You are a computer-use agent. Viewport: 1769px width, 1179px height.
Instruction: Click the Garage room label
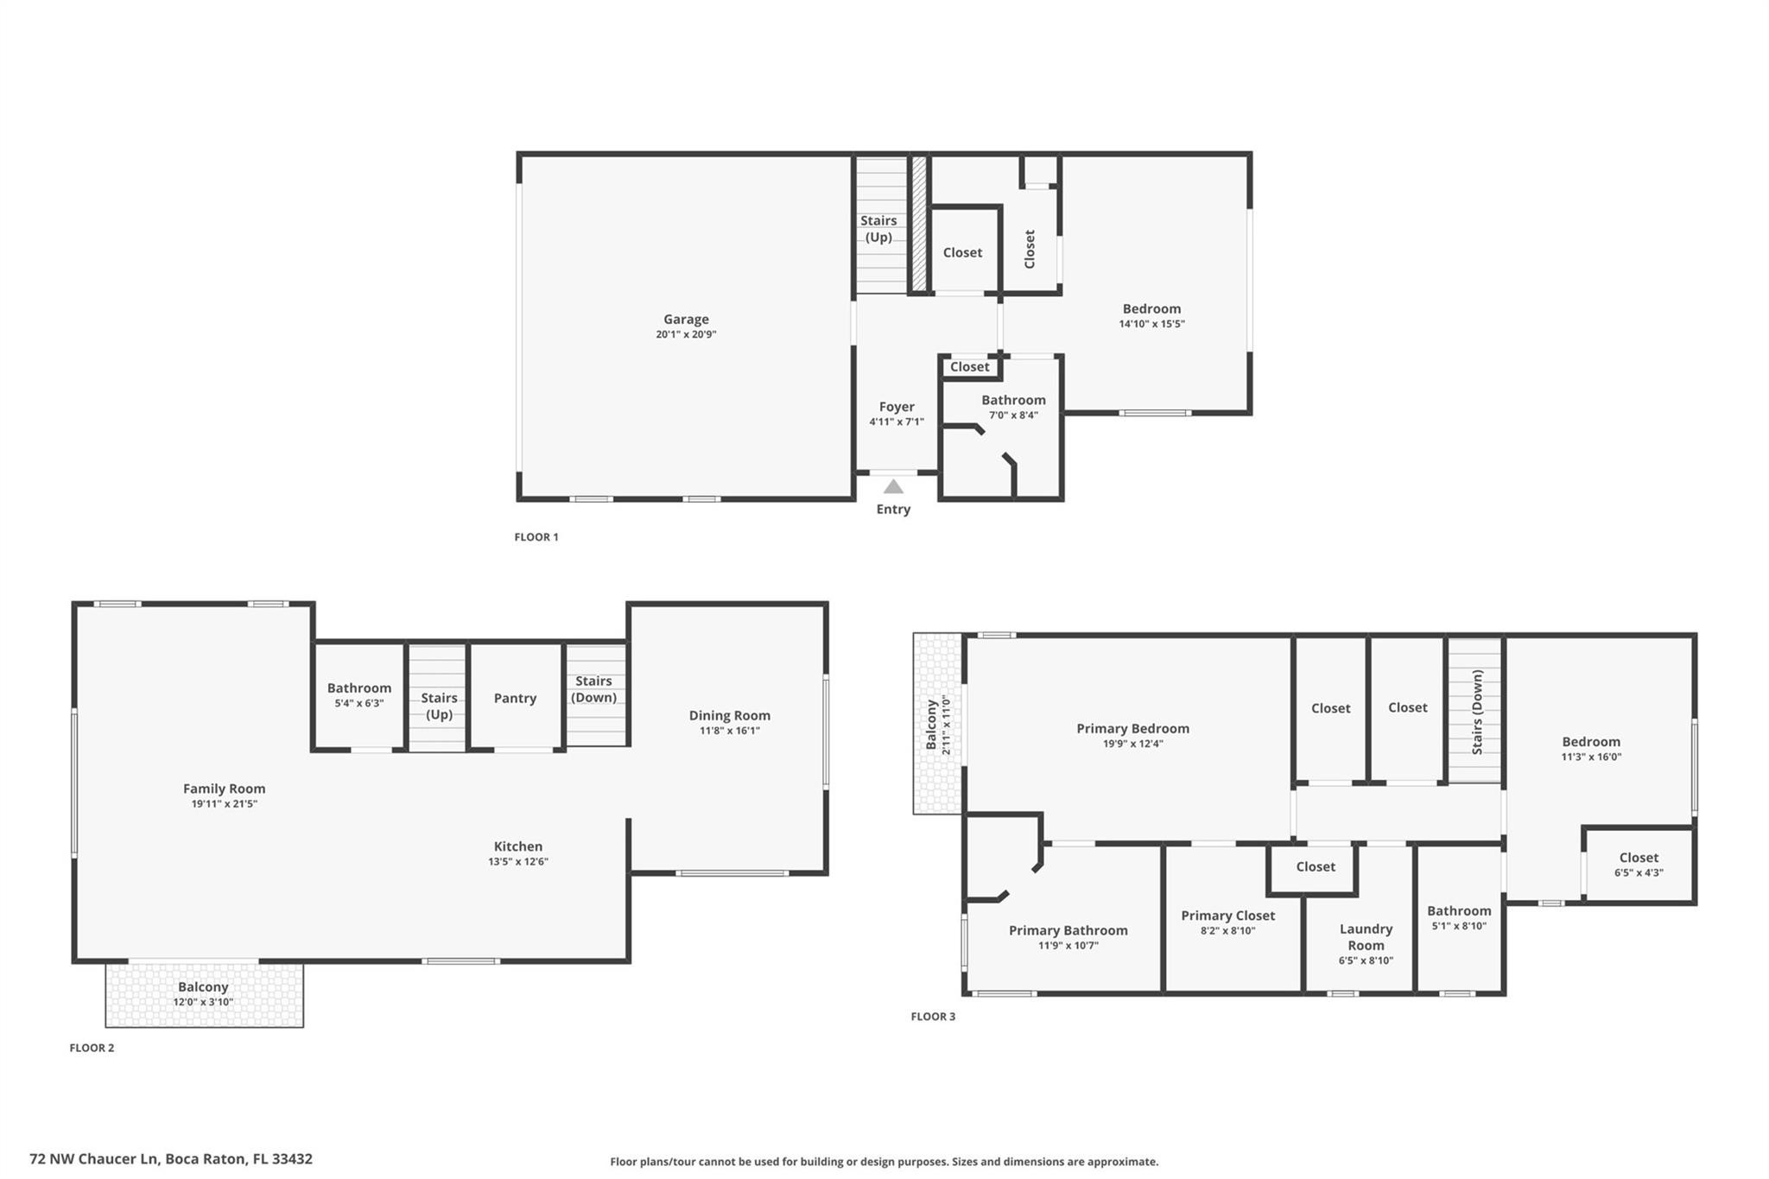point(686,320)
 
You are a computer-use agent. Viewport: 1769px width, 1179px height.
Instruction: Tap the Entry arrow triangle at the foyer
point(893,487)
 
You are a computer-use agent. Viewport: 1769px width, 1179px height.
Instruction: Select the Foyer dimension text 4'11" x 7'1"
point(897,422)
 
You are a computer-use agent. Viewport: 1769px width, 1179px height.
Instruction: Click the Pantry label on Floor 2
point(515,698)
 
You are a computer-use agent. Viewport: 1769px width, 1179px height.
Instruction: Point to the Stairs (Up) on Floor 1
point(878,229)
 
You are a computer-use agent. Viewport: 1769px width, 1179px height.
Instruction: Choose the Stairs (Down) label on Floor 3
point(1477,712)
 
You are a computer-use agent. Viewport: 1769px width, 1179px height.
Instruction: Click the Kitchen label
point(518,846)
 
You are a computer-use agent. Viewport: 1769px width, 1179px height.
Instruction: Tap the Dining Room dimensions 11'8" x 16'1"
point(729,731)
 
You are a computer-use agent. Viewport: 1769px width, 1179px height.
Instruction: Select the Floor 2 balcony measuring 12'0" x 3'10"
point(204,993)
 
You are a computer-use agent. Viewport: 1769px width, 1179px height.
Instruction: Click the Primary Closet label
point(1227,916)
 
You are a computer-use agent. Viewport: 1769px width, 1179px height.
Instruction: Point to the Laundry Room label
point(1366,936)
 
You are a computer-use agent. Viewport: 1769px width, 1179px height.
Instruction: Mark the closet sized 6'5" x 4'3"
point(1639,865)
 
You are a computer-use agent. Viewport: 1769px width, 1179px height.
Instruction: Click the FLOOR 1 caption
point(536,537)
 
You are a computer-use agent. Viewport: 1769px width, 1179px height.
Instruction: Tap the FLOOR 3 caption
point(933,1017)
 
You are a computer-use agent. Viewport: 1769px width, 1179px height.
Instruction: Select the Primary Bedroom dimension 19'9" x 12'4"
point(1132,744)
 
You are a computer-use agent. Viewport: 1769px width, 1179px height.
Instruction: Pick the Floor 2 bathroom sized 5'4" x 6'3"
point(358,695)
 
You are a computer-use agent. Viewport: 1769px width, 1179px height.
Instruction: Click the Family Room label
point(224,789)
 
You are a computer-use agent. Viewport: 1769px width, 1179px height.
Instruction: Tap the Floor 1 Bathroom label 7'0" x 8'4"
point(1013,407)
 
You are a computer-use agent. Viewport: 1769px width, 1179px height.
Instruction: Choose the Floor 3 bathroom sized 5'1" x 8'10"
point(1459,917)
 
